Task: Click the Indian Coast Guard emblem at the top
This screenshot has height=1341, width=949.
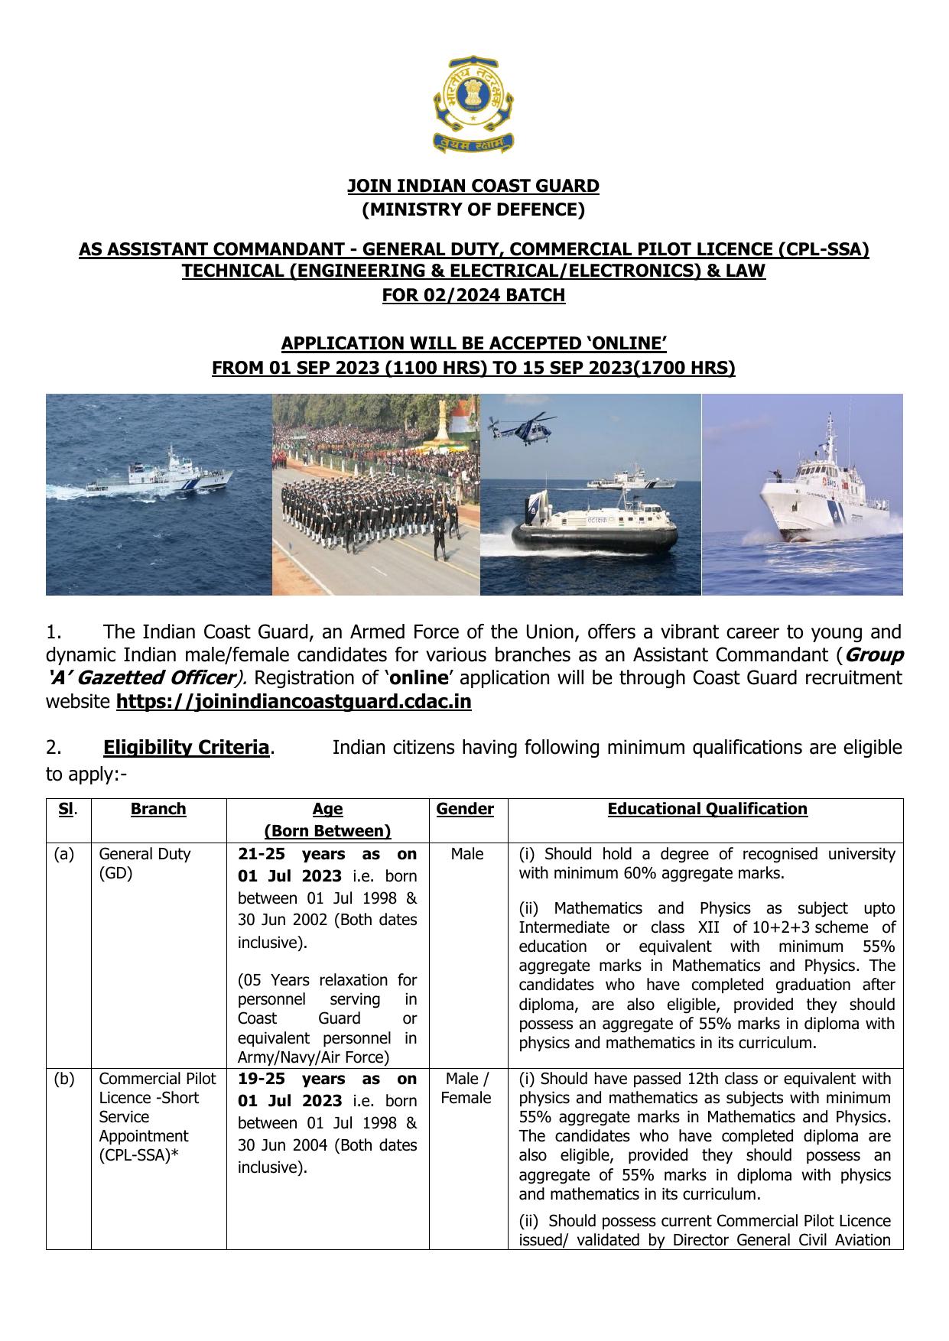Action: pyautogui.click(x=473, y=103)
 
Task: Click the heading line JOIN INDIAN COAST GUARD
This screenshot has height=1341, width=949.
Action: pyautogui.click(x=473, y=186)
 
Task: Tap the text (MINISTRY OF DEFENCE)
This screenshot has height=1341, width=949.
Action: pyautogui.click(x=473, y=209)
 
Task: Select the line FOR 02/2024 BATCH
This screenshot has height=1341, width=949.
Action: pyautogui.click(x=473, y=295)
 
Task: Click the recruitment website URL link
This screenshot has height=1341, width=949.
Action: pyautogui.click(x=294, y=702)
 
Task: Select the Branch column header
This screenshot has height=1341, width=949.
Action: pyautogui.click(x=158, y=809)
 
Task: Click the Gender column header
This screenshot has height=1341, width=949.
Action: pyautogui.click(x=465, y=809)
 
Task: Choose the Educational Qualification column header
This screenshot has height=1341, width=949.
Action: pyautogui.click(x=707, y=809)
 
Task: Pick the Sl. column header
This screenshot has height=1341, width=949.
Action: pyautogui.click(x=67, y=809)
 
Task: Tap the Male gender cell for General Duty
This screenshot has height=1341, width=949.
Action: pyautogui.click(x=466, y=854)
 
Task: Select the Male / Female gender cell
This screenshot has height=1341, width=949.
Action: pyautogui.click(x=466, y=1088)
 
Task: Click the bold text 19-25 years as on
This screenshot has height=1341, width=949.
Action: pyautogui.click(x=327, y=1079)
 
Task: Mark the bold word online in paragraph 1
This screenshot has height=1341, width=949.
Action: pyautogui.click(x=419, y=678)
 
